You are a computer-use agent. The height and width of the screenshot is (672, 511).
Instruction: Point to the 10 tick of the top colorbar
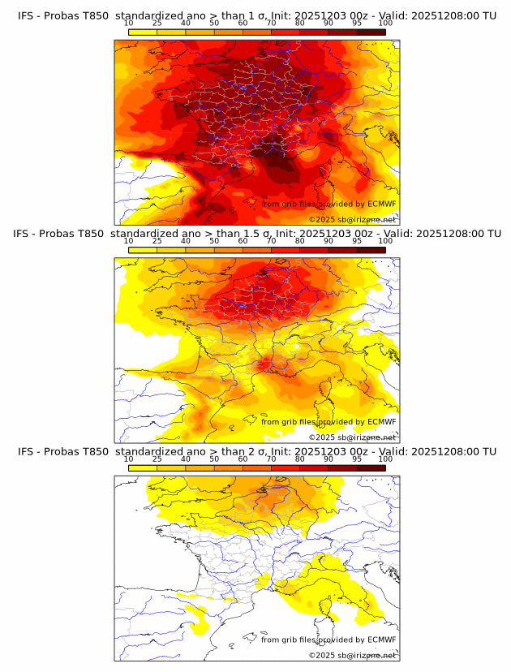pyautogui.click(x=129, y=24)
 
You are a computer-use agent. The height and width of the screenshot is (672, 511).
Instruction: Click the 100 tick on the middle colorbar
pyautogui.click(x=385, y=241)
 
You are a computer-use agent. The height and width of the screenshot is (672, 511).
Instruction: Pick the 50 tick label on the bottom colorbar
pyautogui.click(x=214, y=459)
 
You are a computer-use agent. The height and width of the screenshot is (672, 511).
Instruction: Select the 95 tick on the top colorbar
pyautogui.click(x=357, y=24)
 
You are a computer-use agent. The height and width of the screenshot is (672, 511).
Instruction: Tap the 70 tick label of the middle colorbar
pyautogui.click(x=271, y=241)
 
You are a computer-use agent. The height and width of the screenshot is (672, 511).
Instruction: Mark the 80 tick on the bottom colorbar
pyautogui.click(x=300, y=459)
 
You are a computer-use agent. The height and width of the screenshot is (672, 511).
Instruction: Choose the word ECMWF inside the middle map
pyautogui.click(x=381, y=422)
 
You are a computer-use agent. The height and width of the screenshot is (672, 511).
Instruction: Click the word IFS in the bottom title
pyautogui.click(x=26, y=451)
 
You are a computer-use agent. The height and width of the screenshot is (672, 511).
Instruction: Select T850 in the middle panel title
pyautogui.click(x=95, y=234)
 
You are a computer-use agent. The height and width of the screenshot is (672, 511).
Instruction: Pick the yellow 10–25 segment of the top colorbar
pyautogui.click(x=143, y=32)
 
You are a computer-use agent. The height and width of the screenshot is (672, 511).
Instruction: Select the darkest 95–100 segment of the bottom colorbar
pyautogui.click(x=371, y=467)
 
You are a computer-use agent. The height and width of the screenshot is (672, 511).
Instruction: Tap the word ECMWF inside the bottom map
pyautogui.click(x=381, y=640)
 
